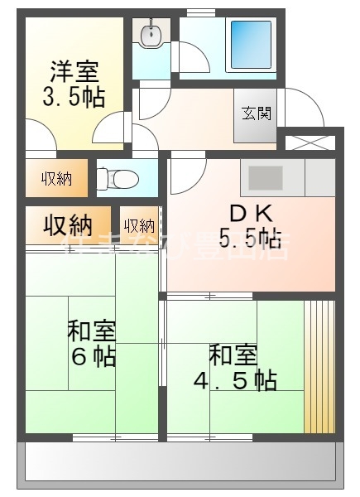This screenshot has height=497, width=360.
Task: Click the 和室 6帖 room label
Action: [x=91, y=332]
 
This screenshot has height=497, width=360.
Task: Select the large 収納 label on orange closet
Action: [x=67, y=224]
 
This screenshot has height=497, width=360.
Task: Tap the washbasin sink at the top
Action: [x=150, y=35]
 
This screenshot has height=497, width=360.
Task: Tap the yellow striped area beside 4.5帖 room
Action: [x=319, y=364]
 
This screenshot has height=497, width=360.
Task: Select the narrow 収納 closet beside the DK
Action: [x=139, y=225]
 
